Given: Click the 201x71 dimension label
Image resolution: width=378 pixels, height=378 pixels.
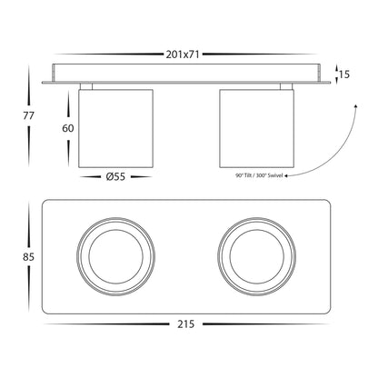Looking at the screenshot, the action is [183, 55].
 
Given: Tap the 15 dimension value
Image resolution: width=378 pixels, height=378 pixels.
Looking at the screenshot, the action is [344, 75].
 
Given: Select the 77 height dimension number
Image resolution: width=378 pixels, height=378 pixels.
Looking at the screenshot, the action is [29, 115].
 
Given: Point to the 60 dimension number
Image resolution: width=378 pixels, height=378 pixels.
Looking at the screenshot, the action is [68, 128].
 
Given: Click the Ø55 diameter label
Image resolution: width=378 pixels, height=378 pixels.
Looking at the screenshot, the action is [115, 176].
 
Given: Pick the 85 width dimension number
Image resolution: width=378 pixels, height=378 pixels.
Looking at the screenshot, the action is [29, 257].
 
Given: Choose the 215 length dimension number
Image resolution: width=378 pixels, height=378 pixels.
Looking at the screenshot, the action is [185, 324].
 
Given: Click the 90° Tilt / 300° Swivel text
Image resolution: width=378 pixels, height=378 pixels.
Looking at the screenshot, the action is [259, 175].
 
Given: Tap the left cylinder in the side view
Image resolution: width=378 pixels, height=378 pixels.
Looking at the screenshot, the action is [115, 128].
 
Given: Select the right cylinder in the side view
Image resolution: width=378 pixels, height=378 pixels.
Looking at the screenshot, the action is [256, 128].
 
